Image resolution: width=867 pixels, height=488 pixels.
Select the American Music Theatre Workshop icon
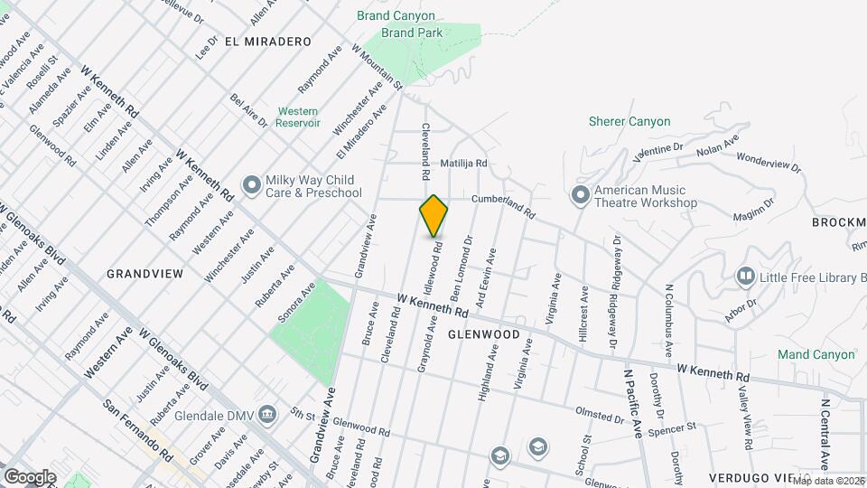pos(580,194)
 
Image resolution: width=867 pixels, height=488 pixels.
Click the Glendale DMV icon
pos(267,415)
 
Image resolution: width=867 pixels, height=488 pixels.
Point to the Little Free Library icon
pos(745,275)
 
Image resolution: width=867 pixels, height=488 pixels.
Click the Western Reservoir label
pos(298,117)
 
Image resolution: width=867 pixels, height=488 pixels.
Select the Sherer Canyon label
pos(629,121)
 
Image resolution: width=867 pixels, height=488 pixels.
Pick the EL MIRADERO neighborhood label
pos(267,41)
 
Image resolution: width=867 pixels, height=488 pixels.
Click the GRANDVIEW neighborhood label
pos(144,273)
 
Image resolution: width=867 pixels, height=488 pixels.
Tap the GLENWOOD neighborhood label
pos(484,334)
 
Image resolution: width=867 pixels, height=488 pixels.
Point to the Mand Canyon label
pos(816,354)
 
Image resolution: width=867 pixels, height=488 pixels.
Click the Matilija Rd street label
pos(463,164)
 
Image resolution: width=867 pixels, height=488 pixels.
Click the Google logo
pos(30,476)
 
